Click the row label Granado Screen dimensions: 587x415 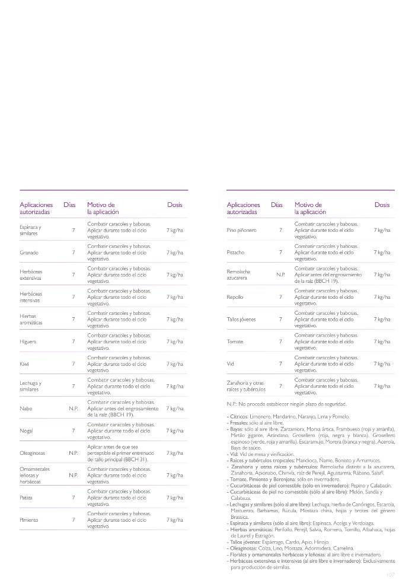(29, 253)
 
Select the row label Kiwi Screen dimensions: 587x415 (24, 364)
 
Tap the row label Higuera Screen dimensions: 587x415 (29, 342)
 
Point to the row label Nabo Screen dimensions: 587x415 (26, 409)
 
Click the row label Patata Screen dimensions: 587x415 (28, 497)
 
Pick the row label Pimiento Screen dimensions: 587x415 (30, 519)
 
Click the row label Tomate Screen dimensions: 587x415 (235, 342)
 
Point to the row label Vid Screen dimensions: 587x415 (231, 364)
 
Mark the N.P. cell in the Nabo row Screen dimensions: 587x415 (74, 409)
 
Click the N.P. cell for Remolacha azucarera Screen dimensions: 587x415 (281, 275)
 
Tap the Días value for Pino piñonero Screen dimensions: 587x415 (280, 230)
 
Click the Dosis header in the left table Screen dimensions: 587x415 (174, 205)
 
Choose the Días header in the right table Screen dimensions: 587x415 (277, 205)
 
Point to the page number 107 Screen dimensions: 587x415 (390, 575)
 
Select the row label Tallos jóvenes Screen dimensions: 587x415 (241, 320)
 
